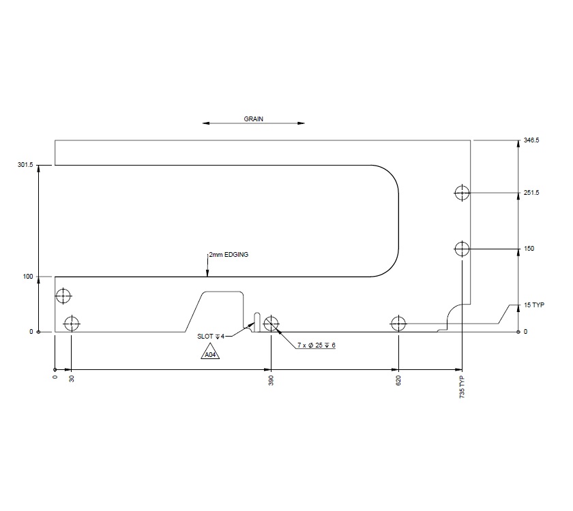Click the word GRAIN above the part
tap(254, 119)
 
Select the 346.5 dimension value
tap(531, 140)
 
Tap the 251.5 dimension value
tap(531, 193)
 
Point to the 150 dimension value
tap(529, 249)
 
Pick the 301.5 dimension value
tap(25, 165)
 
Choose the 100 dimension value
tap(28, 277)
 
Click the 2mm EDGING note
tap(229, 255)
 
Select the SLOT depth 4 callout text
tap(211, 337)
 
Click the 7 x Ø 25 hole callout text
tap(316, 346)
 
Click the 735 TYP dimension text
tap(462, 386)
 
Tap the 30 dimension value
tap(72, 378)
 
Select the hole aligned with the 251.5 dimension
tap(462, 193)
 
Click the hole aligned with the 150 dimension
tap(462, 249)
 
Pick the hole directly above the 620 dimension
tap(398, 323)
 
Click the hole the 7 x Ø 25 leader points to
tap(271, 323)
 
